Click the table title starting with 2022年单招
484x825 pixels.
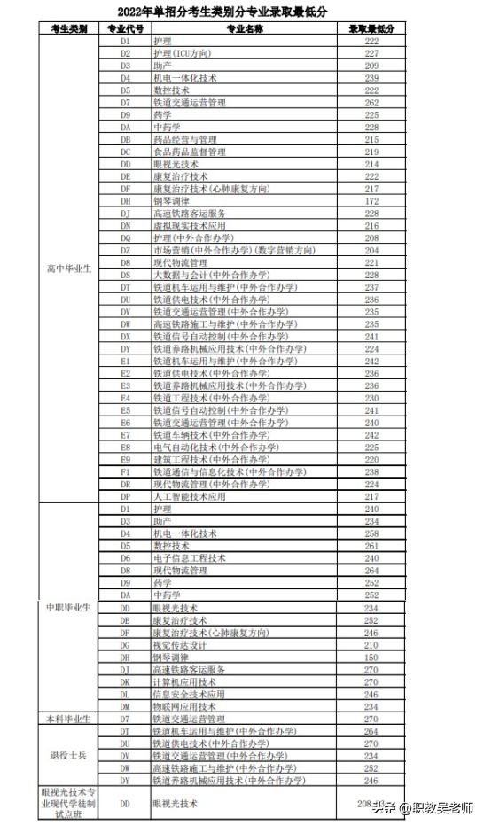[242, 12]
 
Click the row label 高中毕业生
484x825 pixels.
[69, 269]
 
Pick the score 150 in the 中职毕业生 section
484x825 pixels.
[371, 658]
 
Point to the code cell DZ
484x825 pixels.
[125, 251]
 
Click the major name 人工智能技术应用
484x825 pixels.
[190, 497]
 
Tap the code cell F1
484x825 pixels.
[125, 472]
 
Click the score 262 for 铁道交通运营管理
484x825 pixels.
[371, 103]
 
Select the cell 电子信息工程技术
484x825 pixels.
[190, 558]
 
